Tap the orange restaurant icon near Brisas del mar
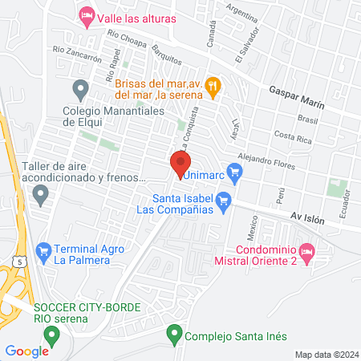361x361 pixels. click(213, 83)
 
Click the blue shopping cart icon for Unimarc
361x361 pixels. click(234, 171)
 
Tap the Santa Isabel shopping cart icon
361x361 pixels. click(224, 200)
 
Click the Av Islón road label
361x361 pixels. click(306, 217)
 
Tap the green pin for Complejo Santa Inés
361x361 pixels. click(172, 332)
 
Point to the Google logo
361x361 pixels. click(27, 351)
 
